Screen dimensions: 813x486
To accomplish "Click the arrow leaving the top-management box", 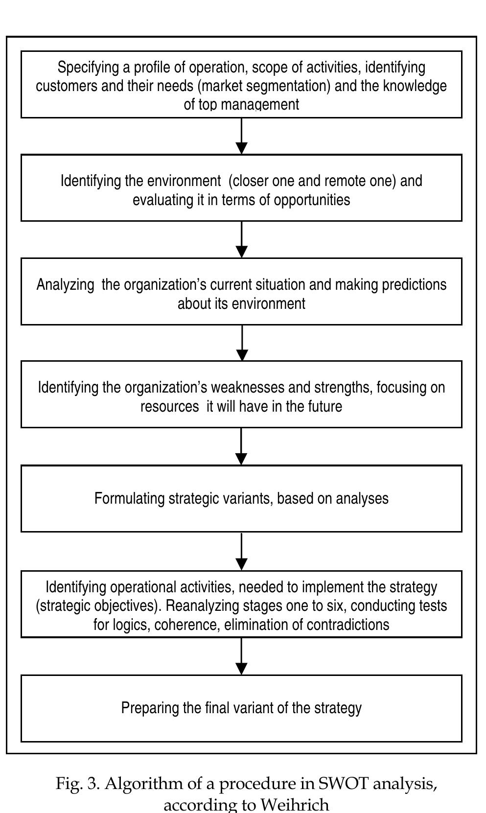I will pyautogui.click(x=242, y=136).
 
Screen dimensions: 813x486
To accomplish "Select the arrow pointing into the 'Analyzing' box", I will pyautogui.click(x=242, y=239).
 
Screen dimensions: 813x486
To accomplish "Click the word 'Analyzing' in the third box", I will pyautogui.click(x=66, y=285).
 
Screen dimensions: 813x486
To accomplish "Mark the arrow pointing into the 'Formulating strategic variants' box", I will pyautogui.click(x=242, y=446).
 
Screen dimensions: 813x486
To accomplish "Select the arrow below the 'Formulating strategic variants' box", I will pyautogui.click(x=242, y=551).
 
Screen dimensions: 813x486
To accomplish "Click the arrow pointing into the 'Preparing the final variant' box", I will pyautogui.click(x=242, y=656).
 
